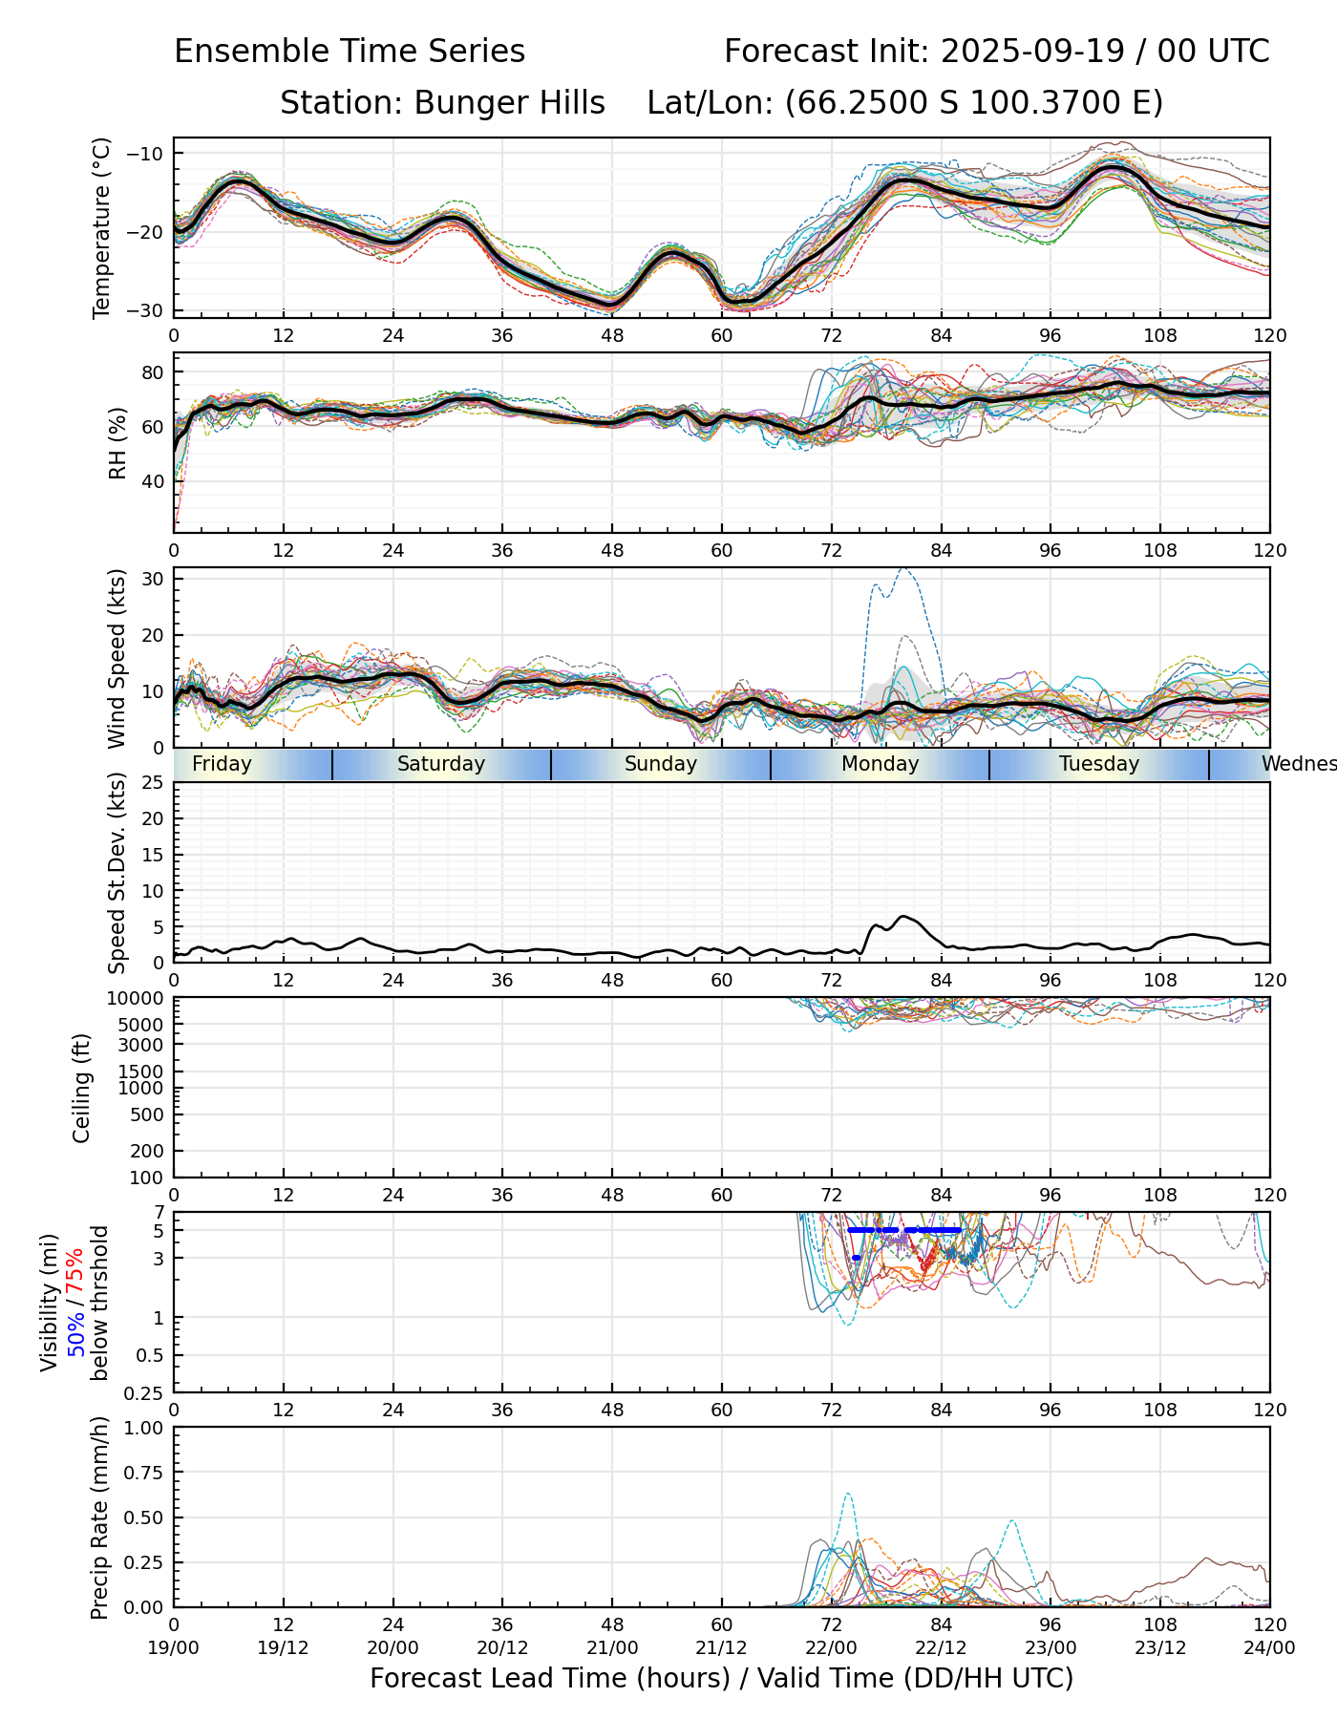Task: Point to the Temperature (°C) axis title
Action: pos(102,227)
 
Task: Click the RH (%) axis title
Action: pos(117,442)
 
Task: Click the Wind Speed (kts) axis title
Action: pos(117,658)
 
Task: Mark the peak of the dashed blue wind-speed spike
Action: pos(903,569)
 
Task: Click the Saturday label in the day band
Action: pos(441,764)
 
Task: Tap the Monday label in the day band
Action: pos(880,764)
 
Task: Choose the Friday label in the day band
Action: pos(222,764)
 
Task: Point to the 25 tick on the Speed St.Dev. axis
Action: pos(153,783)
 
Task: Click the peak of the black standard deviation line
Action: pos(903,917)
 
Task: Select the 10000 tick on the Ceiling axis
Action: pos(138,999)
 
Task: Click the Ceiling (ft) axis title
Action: pos(82,1088)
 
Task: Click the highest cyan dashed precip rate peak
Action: pos(847,1494)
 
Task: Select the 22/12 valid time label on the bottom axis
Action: pos(941,1648)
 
